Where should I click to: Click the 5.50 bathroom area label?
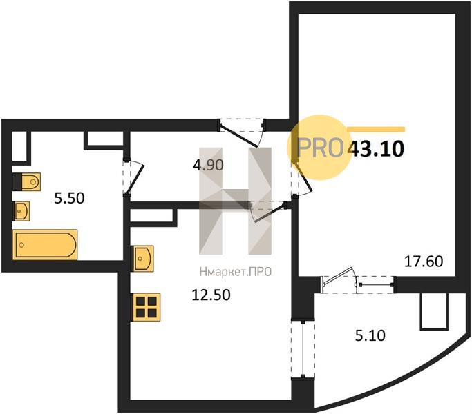pos(69,199)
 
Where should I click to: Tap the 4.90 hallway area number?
pos(208,165)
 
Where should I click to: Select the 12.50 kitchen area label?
pos(211,295)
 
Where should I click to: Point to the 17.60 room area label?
pos(424,262)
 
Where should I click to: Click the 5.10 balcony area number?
pos(370,335)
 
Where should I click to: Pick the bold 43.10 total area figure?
pos(376,149)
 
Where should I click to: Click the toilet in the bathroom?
pos(26,181)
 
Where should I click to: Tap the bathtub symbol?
pos(45,244)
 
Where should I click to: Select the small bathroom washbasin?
pos(21,211)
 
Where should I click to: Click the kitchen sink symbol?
pos(144,259)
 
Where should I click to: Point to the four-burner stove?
pos(147,307)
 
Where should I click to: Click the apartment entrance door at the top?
pos(242,132)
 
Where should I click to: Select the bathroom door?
pos(133,177)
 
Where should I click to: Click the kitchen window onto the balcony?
pos(303,348)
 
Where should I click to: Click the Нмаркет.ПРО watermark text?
pos(236,272)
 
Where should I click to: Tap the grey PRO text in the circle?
pos(320,148)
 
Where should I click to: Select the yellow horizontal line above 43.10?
pos(376,130)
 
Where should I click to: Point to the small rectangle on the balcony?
pos(434,311)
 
